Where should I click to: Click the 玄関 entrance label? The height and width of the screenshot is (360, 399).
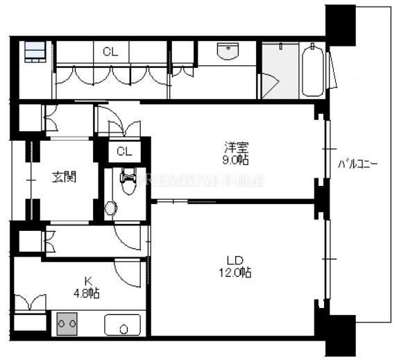pos(63,176)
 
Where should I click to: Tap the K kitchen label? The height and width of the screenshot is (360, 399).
pos(88,280)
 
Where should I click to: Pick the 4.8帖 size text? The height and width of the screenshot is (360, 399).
pos(88,293)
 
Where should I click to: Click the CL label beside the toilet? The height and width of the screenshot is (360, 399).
pos(125,151)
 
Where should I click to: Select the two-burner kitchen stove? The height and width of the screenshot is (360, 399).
pos(67,324)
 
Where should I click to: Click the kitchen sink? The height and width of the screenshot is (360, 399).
pos(122,325)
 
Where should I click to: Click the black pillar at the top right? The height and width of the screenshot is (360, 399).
pos(340,21)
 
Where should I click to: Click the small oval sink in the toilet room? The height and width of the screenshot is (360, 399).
pos(111,207)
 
